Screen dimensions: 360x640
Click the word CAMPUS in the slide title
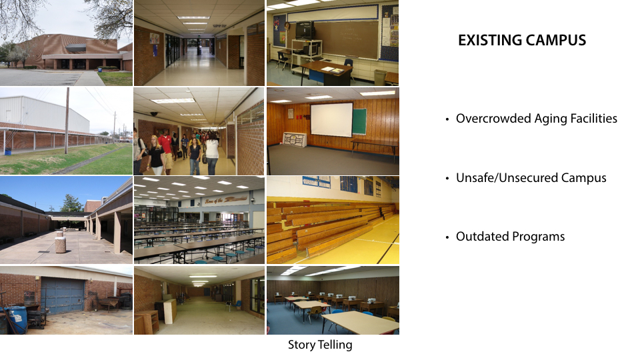point(556,41)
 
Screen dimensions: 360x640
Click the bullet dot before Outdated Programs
point(447,237)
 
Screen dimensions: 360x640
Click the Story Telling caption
point(320,345)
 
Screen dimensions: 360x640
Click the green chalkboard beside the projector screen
point(359,121)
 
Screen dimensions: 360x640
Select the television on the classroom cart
point(305,30)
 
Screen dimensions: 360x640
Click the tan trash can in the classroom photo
point(380,77)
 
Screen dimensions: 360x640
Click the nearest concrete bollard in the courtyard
point(61,244)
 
